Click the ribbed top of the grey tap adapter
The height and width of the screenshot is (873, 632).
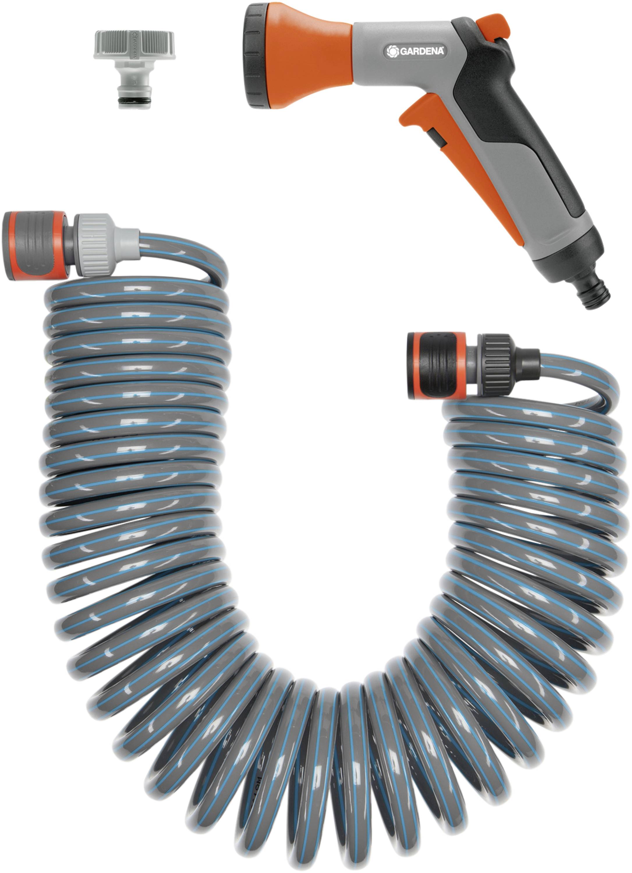(134, 45)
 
